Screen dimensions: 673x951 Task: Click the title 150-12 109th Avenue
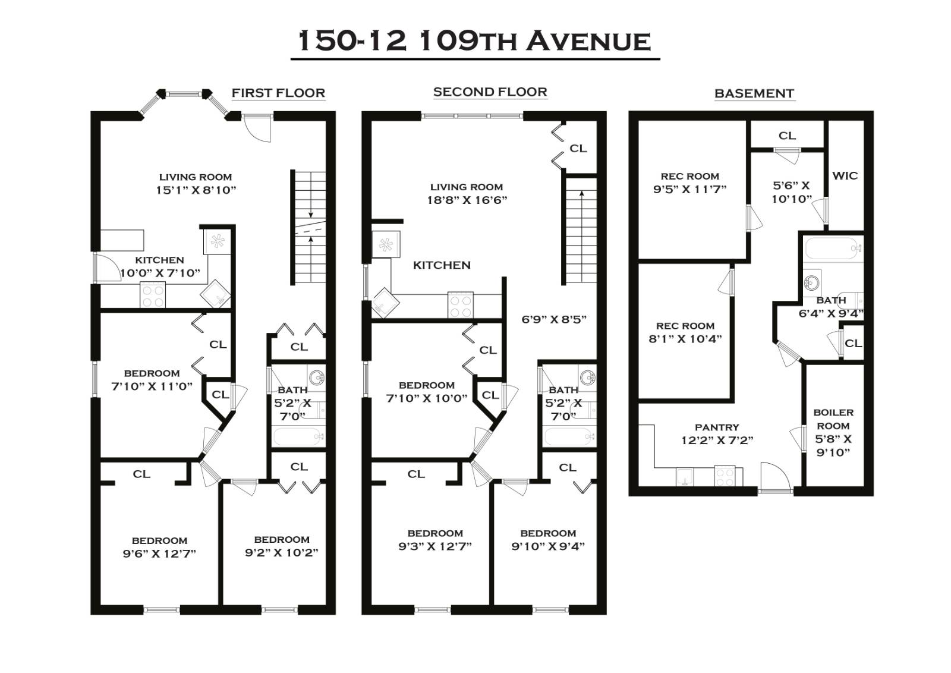[474, 42]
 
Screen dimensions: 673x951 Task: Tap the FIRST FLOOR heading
[278, 93]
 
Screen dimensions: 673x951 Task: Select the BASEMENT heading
[754, 94]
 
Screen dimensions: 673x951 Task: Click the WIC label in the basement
[845, 175]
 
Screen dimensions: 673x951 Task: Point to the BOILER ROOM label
[833, 432]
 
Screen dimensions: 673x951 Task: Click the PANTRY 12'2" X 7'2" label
[717, 434]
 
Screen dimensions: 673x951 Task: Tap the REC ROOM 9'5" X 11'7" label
[689, 183]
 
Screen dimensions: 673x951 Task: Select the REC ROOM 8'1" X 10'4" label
[685, 332]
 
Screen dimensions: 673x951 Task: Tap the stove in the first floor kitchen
[153, 295]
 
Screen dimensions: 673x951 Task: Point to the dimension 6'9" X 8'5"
[553, 319]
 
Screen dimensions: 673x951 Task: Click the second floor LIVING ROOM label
[467, 193]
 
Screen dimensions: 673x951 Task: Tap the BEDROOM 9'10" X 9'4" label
[547, 540]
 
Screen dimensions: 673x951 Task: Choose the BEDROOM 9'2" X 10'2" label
[281, 546]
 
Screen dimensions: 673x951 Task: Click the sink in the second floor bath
[587, 377]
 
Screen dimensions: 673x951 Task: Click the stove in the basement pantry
[725, 475]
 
